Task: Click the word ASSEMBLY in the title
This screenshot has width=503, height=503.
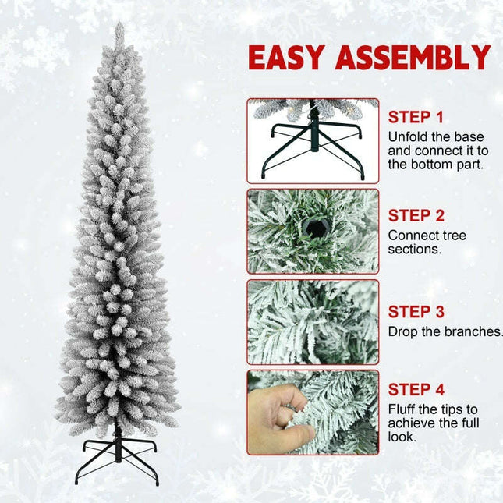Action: (x=418, y=58)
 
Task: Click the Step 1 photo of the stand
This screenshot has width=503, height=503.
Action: (x=313, y=140)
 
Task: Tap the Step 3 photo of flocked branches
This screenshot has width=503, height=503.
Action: (x=313, y=322)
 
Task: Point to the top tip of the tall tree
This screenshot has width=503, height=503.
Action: (x=119, y=28)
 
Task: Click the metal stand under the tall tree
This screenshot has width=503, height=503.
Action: (x=119, y=455)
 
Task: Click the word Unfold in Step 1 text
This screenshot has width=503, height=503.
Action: (x=407, y=136)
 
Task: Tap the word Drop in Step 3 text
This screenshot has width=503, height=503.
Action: (x=402, y=331)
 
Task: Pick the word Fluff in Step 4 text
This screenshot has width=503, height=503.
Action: (x=402, y=409)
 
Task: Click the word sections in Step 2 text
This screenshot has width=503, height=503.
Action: (x=415, y=249)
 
